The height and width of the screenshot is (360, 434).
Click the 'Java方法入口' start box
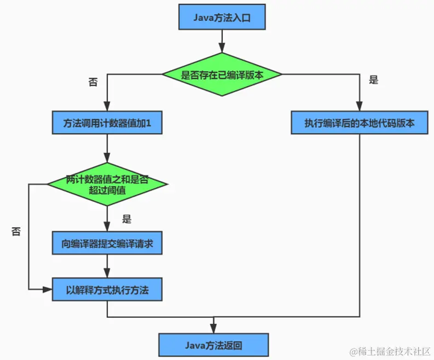click(x=222, y=18)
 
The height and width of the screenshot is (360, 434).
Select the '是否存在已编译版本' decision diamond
click(x=222, y=75)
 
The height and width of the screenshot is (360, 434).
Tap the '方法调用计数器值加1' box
click(x=107, y=124)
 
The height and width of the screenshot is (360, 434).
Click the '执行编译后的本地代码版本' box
click(x=359, y=124)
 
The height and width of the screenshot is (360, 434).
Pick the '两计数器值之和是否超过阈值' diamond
click(x=107, y=184)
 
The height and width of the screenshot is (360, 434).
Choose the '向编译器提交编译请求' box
click(x=107, y=243)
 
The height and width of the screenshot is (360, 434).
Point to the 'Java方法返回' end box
click(x=213, y=346)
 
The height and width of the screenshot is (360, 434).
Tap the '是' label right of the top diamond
click(x=374, y=80)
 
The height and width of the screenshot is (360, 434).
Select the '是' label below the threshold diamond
click(x=127, y=219)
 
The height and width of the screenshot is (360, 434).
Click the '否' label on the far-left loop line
click(x=16, y=231)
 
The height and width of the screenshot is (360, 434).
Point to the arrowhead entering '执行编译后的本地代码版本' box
click(x=359, y=108)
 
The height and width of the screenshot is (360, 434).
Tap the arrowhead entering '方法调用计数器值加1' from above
click(x=107, y=108)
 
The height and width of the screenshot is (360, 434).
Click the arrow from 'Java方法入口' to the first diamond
click(x=222, y=41)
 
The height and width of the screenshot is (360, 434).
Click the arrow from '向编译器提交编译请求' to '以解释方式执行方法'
click(x=107, y=266)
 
